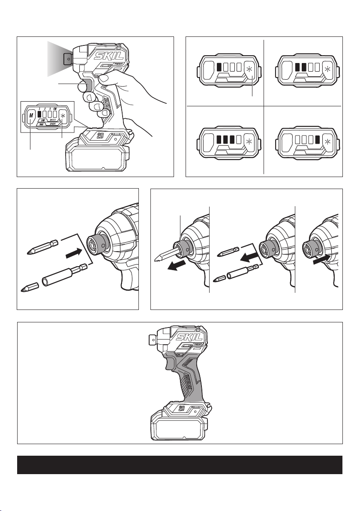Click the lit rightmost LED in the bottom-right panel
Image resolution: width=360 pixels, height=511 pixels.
click(x=318, y=140)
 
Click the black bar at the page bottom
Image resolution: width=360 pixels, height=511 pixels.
click(x=180, y=465)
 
